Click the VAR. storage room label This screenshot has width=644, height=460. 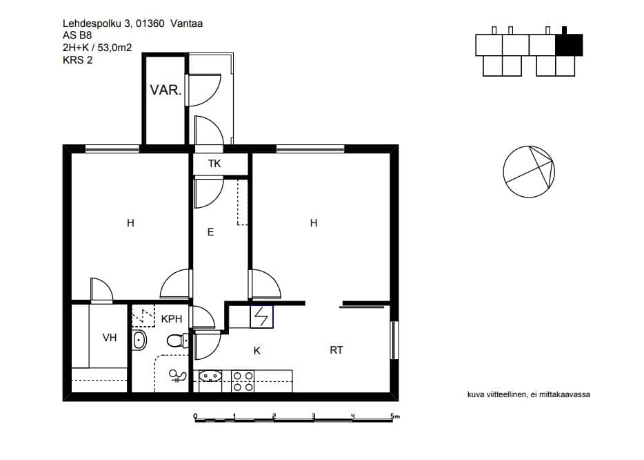coord(165,90)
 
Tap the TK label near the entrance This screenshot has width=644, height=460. coord(214,164)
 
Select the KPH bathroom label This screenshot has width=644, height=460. coord(171,318)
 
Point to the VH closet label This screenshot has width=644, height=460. coord(109,338)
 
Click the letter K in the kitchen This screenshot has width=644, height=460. coord(256,351)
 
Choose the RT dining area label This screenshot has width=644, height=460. coord(336,350)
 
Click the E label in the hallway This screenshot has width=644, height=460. coord(211,233)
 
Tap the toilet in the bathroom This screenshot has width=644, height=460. coord(178,341)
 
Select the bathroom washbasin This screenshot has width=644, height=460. coord(139,340)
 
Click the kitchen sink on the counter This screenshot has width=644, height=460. coord(210,376)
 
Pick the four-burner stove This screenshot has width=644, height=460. coord(243,381)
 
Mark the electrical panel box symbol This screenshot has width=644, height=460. coord(261,316)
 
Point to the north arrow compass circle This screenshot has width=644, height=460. coord(529,171)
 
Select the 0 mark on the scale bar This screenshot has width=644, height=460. coord(195,416)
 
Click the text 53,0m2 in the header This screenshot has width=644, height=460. coord(114,48)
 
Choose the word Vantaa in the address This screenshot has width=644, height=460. coord(186,23)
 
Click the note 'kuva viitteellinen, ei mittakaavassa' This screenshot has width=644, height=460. coord(529,394)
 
